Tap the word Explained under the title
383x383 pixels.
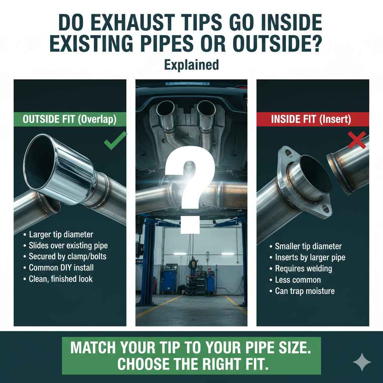[191, 65]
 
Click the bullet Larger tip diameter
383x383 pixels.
[61, 235]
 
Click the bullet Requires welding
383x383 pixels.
[303, 269]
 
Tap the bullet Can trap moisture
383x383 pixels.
[304, 291]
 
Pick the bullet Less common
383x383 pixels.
[298, 280]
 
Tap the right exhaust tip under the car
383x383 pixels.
[206, 110]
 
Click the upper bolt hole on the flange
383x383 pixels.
[288, 153]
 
